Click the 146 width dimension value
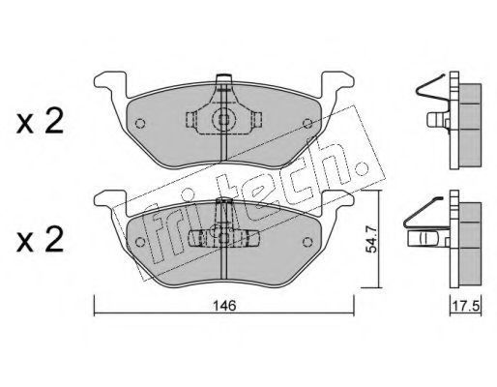pos(224,306)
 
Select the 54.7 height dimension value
pos(372,239)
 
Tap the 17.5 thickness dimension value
pos(466,306)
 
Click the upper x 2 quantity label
pos(40,123)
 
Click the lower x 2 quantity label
pos(40,241)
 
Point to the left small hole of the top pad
pos(140,123)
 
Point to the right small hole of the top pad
pos(308,123)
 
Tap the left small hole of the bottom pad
pos(140,242)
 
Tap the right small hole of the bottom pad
pos(308,242)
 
